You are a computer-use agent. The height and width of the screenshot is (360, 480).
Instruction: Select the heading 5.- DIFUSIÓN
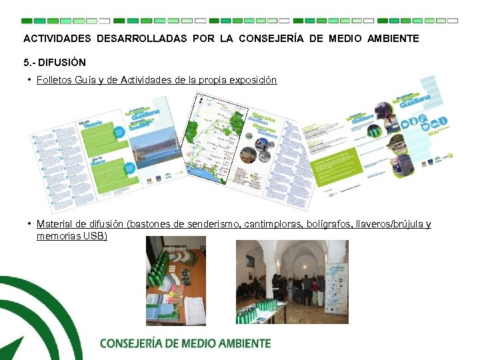coord(55,63)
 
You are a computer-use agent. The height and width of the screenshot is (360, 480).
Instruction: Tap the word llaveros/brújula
coord(390,224)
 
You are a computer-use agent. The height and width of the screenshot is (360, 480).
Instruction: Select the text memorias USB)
coord(72,236)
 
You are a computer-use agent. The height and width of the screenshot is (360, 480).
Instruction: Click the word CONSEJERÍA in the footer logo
coord(138,343)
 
